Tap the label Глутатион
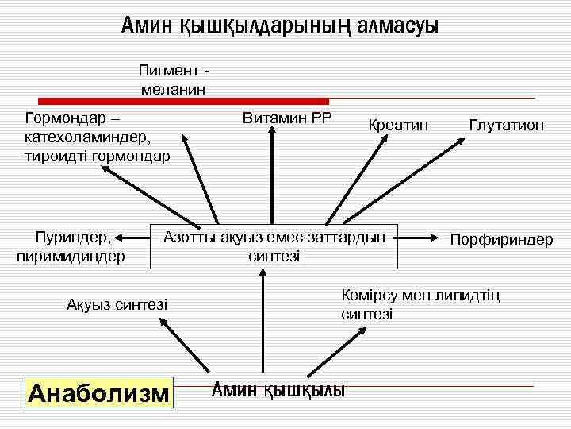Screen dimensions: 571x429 tap(506, 126)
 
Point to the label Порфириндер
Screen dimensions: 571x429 tap(501, 238)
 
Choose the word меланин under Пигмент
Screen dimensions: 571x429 tap(173, 88)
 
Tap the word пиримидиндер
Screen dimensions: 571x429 tap(71, 256)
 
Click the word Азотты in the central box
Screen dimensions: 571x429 tap(190, 237)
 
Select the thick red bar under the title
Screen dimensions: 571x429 tap(183, 102)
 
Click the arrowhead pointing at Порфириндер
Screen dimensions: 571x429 tap(438, 238)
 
